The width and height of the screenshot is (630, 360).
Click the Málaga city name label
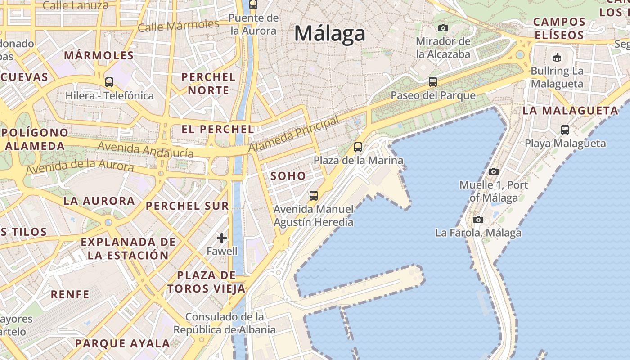[x=329, y=34]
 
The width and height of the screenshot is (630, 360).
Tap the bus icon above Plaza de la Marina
[x=358, y=147]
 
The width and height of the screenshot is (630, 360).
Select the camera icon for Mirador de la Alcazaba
[x=443, y=28]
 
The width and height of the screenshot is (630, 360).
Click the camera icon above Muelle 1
[x=494, y=171]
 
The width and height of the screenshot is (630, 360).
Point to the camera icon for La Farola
[x=478, y=220]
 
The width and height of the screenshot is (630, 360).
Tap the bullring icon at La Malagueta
[x=557, y=57]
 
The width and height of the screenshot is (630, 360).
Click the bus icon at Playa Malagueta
[x=565, y=130]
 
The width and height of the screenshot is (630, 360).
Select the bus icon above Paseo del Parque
[x=433, y=82]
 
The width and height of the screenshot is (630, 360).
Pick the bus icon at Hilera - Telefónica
[x=109, y=82]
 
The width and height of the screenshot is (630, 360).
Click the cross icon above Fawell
[x=222, y=238]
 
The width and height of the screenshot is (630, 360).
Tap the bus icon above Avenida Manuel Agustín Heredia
[x=314, y=196]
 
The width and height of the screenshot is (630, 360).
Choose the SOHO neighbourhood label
[x=288, y=176]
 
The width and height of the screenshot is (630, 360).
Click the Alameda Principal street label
[x=293, y=134]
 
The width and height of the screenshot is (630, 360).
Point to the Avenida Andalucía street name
[x=145, y=149]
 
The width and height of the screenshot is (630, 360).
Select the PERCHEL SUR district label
[x=187, y=206]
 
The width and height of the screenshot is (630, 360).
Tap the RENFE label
[x=70, y=294]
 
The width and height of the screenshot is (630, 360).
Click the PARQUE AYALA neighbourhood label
[x=122, y=343]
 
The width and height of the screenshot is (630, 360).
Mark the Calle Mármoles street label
[x=178, y=25]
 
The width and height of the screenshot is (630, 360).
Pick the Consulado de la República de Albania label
[x=225, y=323]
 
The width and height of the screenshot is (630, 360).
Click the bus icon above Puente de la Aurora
[x=253, y=4]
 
